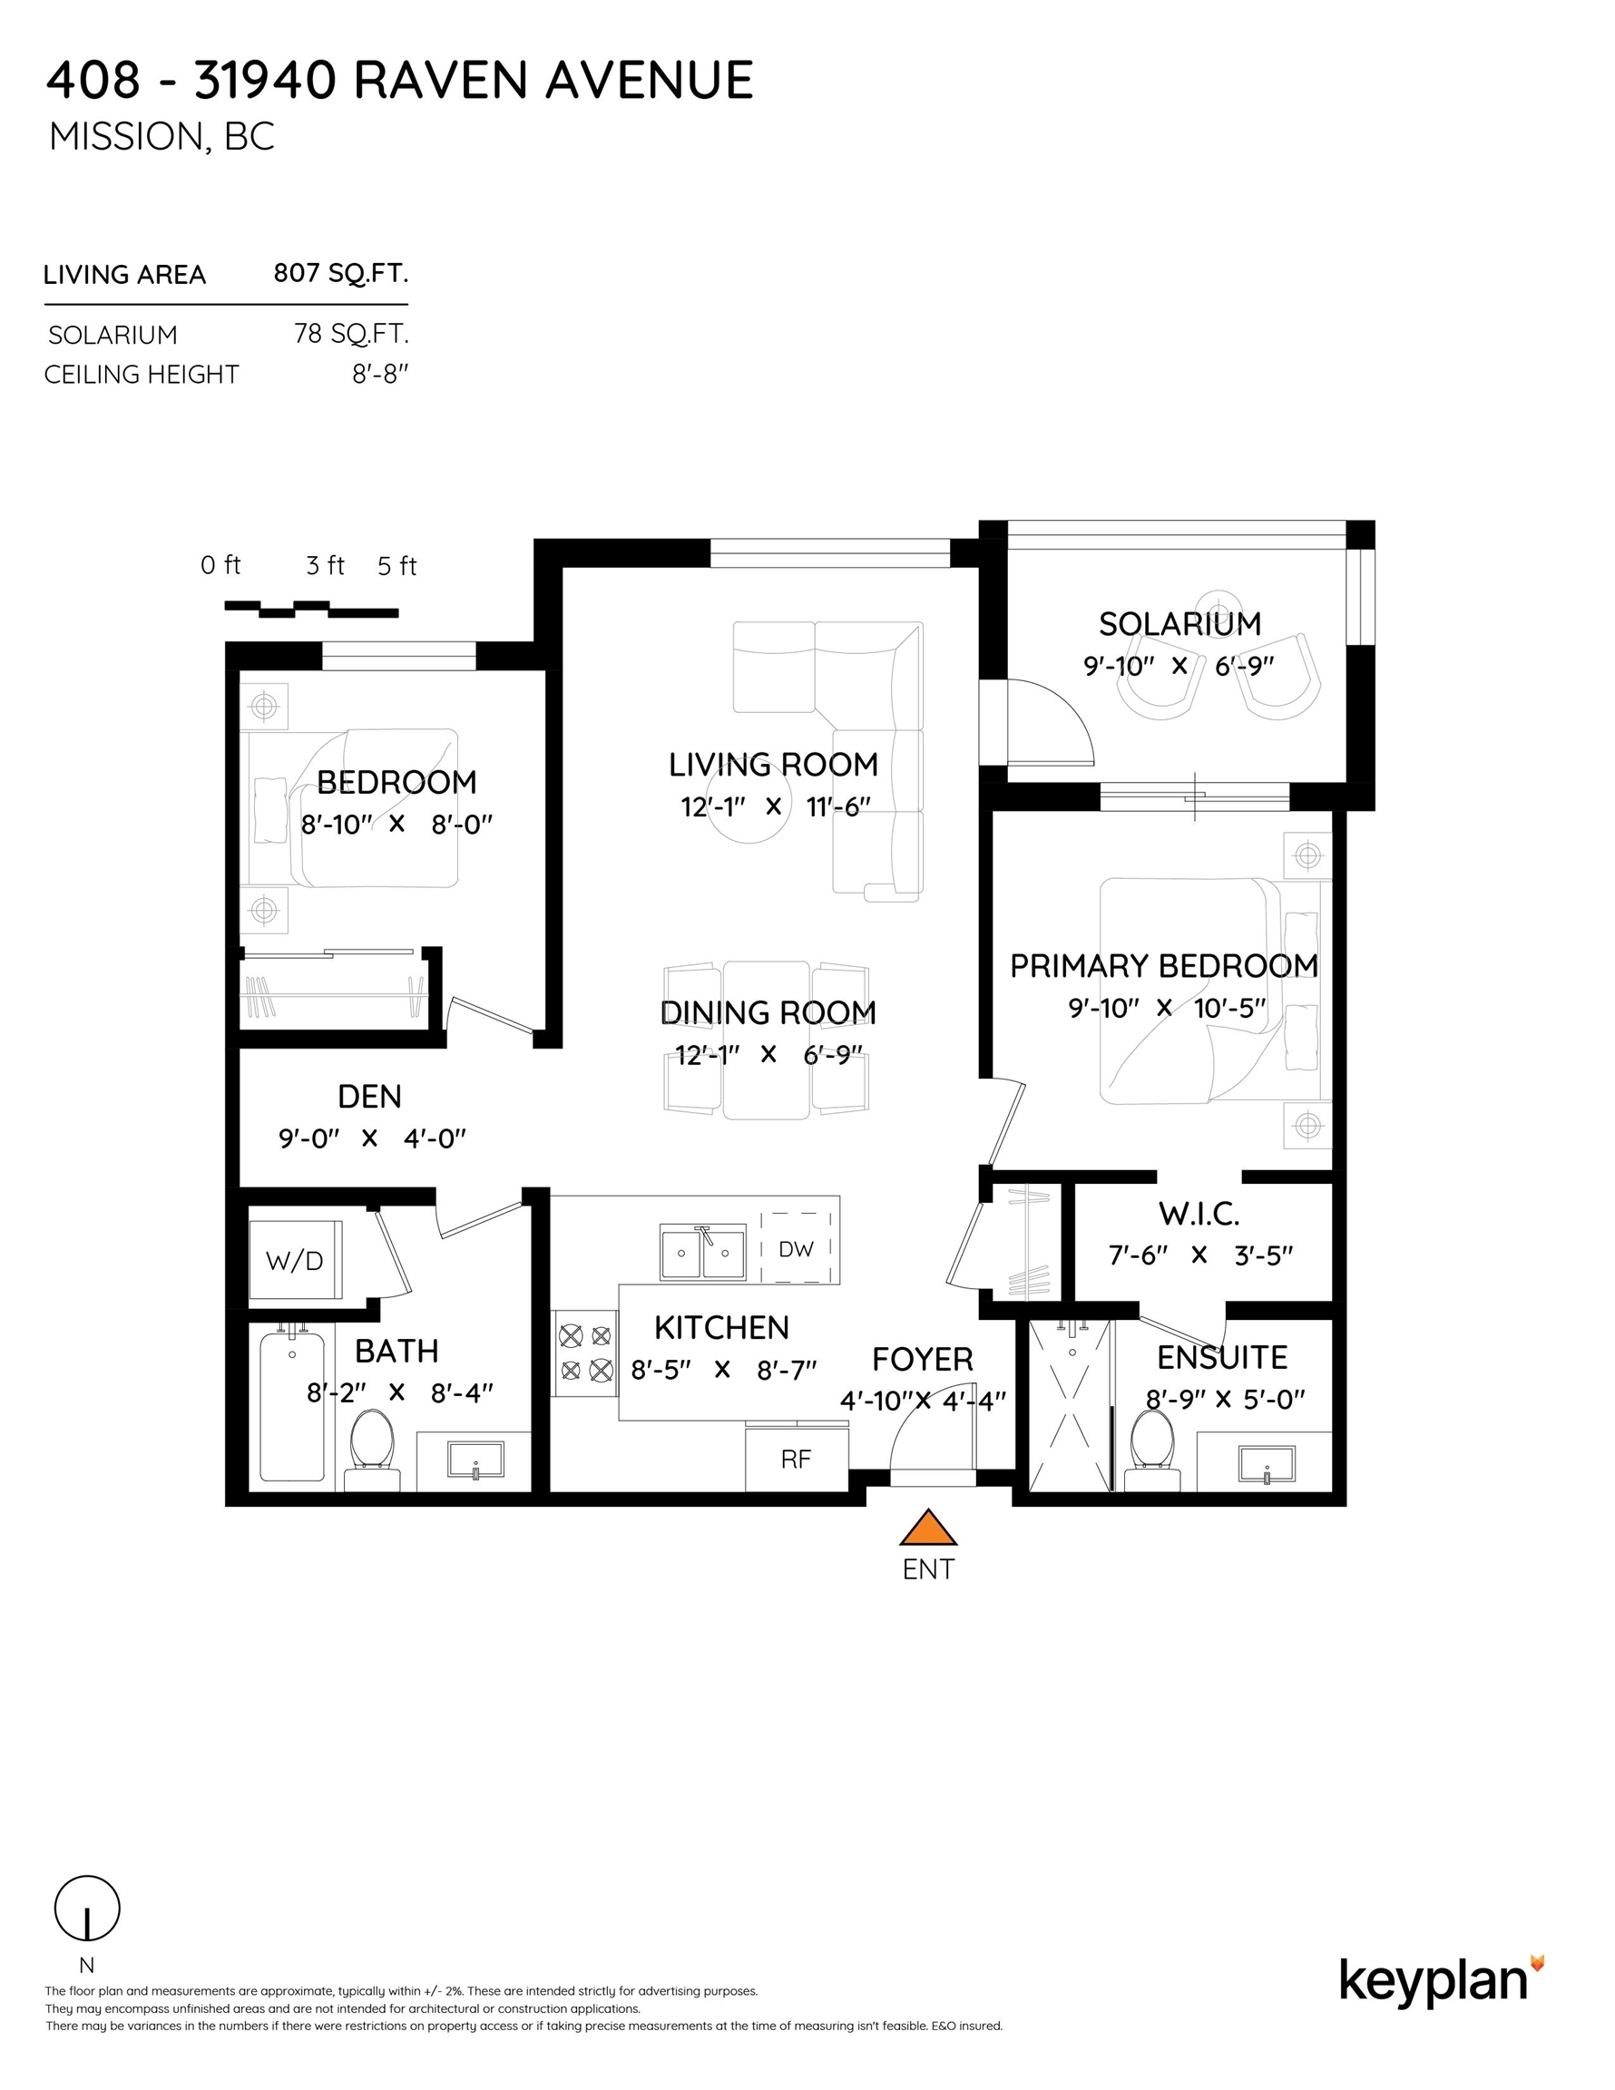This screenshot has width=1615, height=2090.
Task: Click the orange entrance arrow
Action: coord(927,1528)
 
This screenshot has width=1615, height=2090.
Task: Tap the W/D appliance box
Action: coord(295,1259)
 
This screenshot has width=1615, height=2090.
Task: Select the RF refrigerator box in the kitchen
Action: coord(797,1459)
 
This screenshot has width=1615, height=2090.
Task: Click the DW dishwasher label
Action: coord(796,1248)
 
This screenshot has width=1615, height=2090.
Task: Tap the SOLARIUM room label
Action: coord(1179,624)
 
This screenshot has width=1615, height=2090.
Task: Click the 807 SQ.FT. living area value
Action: coord(341,274)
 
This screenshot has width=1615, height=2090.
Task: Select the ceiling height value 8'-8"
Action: coord(380,374)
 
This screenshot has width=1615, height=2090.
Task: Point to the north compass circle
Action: coord(87,1909)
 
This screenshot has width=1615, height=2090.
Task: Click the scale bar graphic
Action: coord(311,609)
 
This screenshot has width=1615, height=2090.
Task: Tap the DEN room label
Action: coord(369,1097)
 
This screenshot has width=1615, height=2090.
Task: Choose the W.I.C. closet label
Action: coord(1199,1215)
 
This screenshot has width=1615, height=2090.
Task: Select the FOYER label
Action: coord(922,1360)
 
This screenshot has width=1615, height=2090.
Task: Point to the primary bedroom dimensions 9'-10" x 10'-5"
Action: coord(1167,1008)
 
